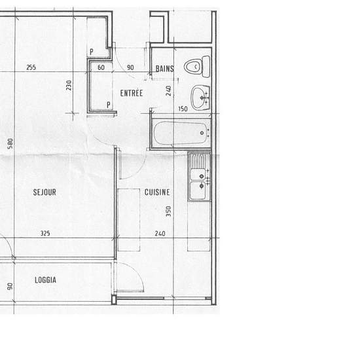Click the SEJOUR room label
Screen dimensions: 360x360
(45, 192)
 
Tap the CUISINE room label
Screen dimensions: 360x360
(157, 192)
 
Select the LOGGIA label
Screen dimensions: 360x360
(45, 280)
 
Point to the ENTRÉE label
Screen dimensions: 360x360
(132, 93)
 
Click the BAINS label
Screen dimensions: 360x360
(164, 69)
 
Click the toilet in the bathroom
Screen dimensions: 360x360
(197, 66)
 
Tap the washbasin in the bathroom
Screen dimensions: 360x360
(200, 98)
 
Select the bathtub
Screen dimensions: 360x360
(181, 134)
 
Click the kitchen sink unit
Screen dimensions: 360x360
(199, 177)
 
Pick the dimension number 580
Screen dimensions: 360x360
(10, 143)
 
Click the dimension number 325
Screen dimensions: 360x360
(45, 233)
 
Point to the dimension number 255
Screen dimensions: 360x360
(31, 67)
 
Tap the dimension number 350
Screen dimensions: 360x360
(168, 211)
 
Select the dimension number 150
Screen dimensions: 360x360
(183, 109)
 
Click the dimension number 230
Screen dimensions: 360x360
(69, 85)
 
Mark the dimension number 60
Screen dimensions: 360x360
(101, 67)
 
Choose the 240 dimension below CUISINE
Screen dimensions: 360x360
(160, 234)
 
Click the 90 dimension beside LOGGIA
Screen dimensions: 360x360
(10, 286)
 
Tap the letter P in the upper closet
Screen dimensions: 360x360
(92, 52)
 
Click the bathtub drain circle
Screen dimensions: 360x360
(202, 133)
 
